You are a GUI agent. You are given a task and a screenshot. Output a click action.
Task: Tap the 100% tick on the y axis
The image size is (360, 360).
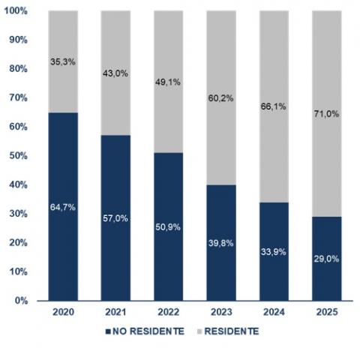click(19, 11)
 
